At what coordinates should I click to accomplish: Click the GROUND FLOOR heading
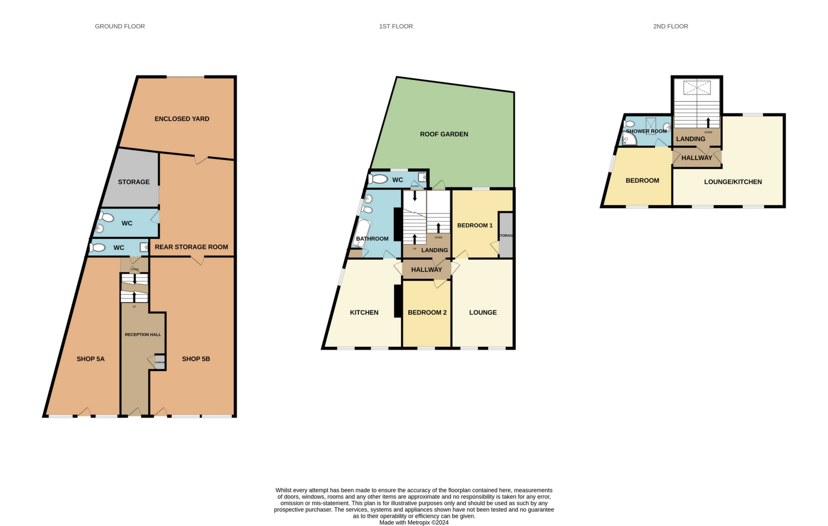[119, 26]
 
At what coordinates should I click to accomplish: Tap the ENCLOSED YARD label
[182, 119]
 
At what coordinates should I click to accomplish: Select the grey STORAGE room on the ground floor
[134, 182]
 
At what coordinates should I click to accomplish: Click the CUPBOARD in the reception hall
[160, 362]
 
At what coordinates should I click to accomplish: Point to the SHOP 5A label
[91, 359]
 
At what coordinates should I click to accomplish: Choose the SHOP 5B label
[196, 359]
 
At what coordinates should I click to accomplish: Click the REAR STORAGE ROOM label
[191, 247]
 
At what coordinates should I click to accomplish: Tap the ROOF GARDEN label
[444, 134]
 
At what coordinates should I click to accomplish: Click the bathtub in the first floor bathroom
[361, 233]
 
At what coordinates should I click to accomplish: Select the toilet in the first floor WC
[378, 178]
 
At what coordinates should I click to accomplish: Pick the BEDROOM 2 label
[427, 312]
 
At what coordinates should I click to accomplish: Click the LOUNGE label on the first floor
[483, 312]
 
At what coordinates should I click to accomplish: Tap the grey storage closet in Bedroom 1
[506, 235]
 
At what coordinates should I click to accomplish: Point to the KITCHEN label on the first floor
[364, 312]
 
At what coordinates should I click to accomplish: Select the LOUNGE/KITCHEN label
[733, 182]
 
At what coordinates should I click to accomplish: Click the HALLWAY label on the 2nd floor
[696, 158]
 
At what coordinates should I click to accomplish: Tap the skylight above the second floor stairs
[696, 88]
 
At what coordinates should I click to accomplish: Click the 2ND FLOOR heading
[670, 26]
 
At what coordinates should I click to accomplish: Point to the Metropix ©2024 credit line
[414, 523]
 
